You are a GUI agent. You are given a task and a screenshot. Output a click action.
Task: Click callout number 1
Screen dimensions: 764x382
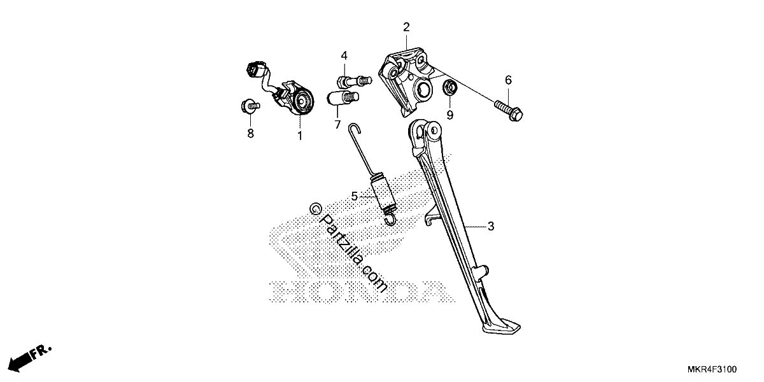click(300, 136)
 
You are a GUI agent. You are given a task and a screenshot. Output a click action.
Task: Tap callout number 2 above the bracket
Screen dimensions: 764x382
click(406, 27)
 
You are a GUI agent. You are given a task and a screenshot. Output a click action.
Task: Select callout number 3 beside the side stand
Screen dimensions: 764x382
click(491, 226)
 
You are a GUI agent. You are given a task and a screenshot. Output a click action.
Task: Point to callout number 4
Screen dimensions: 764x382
click(344, 55)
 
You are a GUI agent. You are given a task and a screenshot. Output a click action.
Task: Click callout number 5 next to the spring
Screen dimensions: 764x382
click(355, 197)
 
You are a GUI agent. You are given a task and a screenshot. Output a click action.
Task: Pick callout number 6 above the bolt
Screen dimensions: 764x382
click(508, 80)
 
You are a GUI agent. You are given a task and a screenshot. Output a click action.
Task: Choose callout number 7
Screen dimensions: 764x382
click(337, 125)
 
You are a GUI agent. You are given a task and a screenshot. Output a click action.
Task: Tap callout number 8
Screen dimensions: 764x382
click(251, 133)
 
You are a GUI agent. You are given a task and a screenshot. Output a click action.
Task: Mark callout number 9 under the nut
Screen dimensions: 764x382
click(450, 115)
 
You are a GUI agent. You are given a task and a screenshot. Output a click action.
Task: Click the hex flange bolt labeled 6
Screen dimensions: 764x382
click(509, 110)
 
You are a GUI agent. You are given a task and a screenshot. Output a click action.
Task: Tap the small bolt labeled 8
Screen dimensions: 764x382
click(250, 106)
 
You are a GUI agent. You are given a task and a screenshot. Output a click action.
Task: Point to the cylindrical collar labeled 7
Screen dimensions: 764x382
click(343, 98)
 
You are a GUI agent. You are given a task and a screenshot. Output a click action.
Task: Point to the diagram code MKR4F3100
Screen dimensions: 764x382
click(712, 369)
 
